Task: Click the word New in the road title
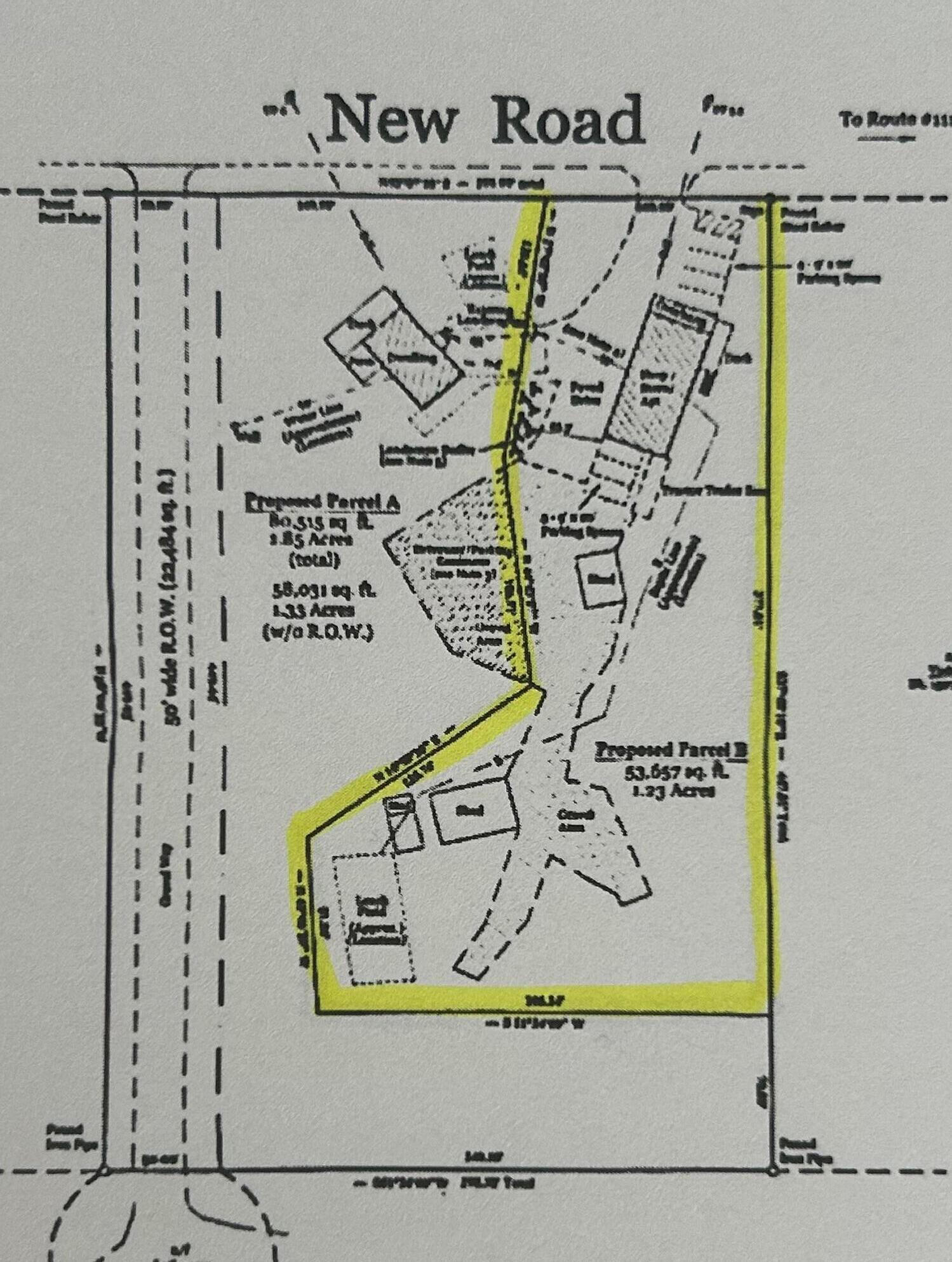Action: coord(392,120)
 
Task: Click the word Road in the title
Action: coord(567,120)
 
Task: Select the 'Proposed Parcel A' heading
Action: coord(322,502)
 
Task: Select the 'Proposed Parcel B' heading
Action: coord(670,750)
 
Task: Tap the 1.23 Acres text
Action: coord(674,791)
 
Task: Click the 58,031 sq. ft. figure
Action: coord(322,590)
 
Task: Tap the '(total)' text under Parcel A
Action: coord(315,560)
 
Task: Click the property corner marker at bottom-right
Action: coord(772,1171)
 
